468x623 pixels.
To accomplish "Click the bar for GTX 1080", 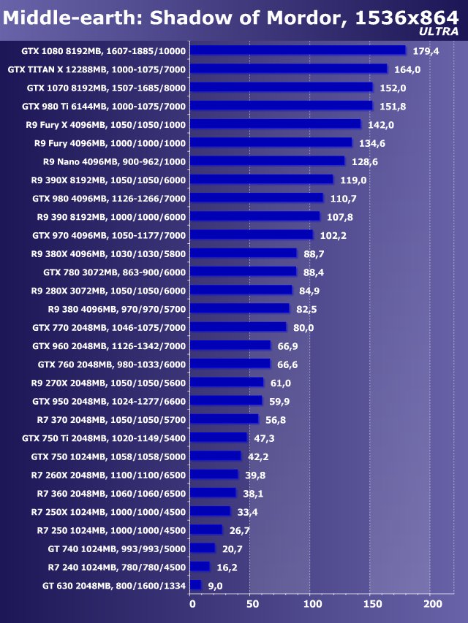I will pyautogui.click(x=298, y=50).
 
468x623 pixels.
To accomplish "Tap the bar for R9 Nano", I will pyautogui.click(x=267, y=161).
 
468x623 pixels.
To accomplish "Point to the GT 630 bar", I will pyautogui.click(x=195, y=584).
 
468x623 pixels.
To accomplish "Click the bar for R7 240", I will pyautogui.click(x=200, y=566).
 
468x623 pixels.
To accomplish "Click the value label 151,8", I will pyautogui.click(x=393, y=106).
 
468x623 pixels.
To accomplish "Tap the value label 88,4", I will pyautogui.click(x=317, y=272).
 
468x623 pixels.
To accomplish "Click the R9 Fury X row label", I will pyautogui.click(x=106, y=124).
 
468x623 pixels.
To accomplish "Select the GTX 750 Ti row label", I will pyautogui.click(x=105, y=437).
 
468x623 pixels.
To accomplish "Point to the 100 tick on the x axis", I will pyautogui.click(x=312, y=604).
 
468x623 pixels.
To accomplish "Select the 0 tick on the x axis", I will pyautogui.click(x=192, y=604).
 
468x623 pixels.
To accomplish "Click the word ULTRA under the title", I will pyautogui.click(x=440, y=31).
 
